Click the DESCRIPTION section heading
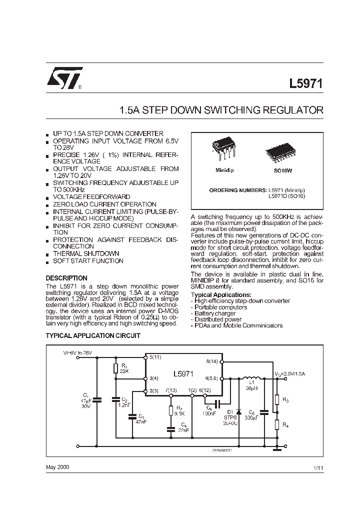coord(66,278)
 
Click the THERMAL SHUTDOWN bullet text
coord(86,253)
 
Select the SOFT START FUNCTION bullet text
coord(88,261)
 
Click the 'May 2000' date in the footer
coord(57,466)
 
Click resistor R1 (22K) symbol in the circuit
coord(116,368)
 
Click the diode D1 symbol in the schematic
coord(239,412)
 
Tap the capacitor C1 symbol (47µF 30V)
coord(97,399)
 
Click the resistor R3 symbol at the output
coord(276,400)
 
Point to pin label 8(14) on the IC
coord(212,360)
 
